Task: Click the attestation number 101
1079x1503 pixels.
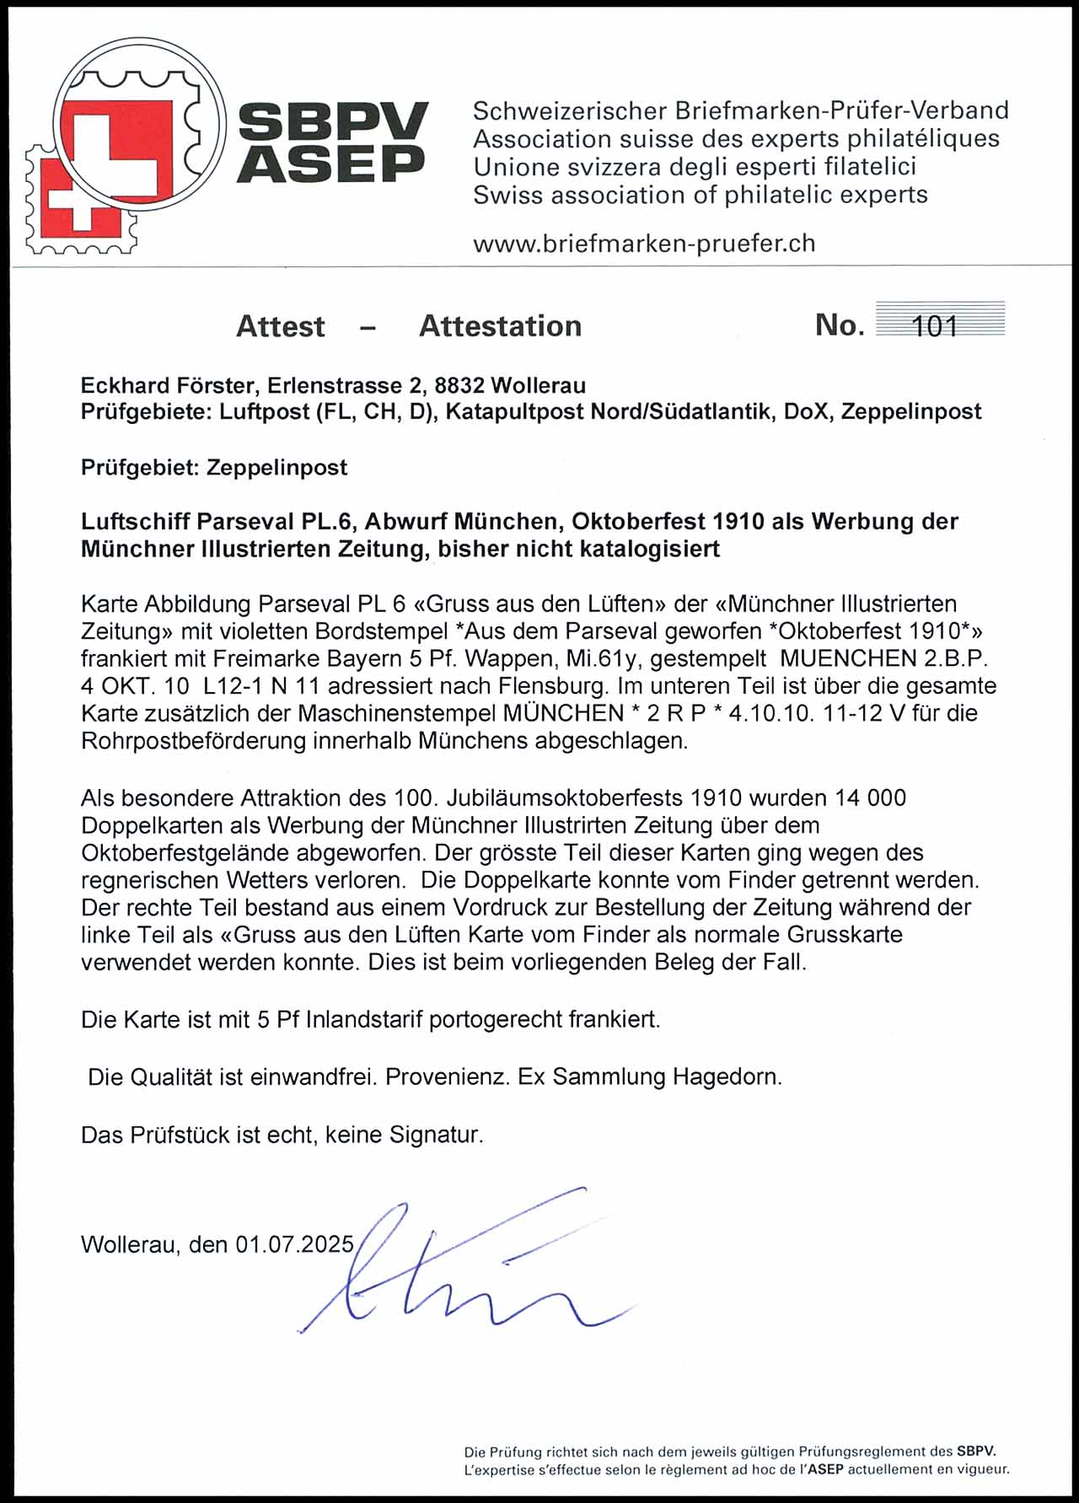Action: pyautogui.click(x=936, y=326)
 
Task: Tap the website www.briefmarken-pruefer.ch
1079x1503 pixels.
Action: pyautogui.click(x=644, y=244)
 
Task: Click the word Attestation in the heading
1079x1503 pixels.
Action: pyautogui.click(x=500, y=326)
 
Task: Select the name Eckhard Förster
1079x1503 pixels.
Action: pyautogui.click(x=170, y=386)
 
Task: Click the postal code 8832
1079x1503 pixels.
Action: pyautogui.click(x=459, y=386)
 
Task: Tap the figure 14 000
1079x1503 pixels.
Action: pyautogui.click(x=870, y=797)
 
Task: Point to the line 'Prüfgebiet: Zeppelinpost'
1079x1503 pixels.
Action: pyautogui.click(x=214, y=467)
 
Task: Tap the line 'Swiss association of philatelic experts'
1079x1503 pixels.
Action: pyautogui.click(x=700, y=196)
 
